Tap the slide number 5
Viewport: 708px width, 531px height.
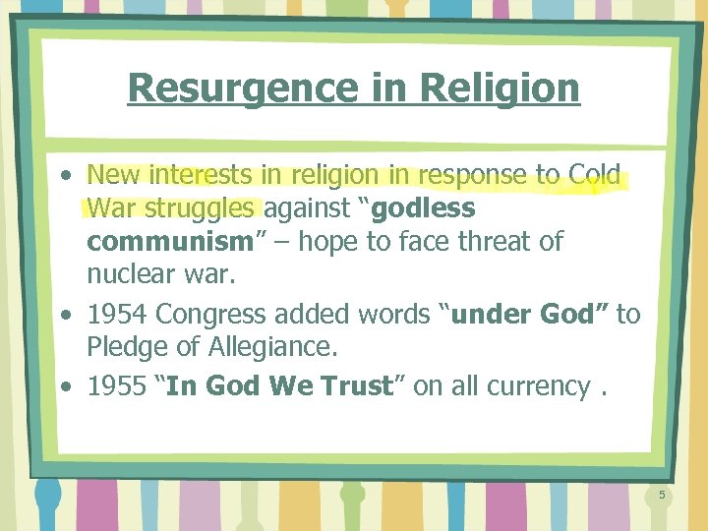(x=662, y=495)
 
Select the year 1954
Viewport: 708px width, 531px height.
(x=118, y=315)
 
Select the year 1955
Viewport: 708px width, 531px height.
(x=118, y=385)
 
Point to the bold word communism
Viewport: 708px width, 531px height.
(x=169, y=242)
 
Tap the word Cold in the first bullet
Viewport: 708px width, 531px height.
(x=596, y=176)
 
